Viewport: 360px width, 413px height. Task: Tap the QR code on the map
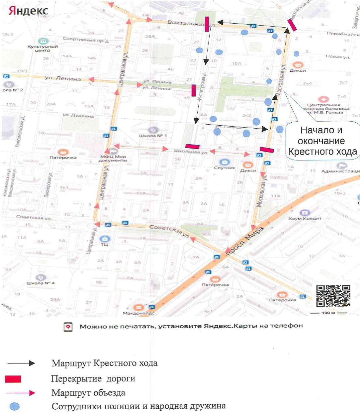click(x=333, y=296)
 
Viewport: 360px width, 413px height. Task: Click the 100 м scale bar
click(x=328, y=313)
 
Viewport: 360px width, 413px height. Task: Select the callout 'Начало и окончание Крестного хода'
click(x=321, y=141)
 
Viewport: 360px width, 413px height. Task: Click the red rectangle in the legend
click(x=13, y=379)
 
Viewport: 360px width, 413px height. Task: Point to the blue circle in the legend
click(x=15, y=406)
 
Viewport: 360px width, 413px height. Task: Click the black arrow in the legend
click(x=21, y=363)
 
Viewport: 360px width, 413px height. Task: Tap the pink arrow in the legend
click(x=21, y=393)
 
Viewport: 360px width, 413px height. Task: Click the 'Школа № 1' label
click(x=153, y=136)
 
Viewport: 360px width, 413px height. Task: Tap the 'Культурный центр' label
click(x=43, y=49)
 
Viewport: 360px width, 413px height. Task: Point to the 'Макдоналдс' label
click(x=137, y=313)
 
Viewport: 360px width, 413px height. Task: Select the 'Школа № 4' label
click(x=41, y=283)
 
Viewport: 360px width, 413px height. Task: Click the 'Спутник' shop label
click(x=225, y=167)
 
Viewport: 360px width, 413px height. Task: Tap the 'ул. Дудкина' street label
click(x=78, y=116)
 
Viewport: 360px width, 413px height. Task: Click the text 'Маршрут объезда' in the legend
click(x=88, y=393)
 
